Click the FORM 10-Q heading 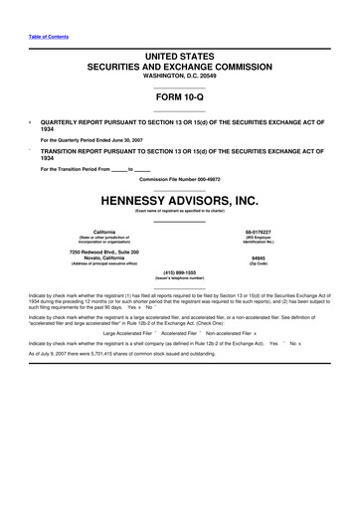179,96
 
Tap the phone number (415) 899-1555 179,271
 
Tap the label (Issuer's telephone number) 179,278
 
